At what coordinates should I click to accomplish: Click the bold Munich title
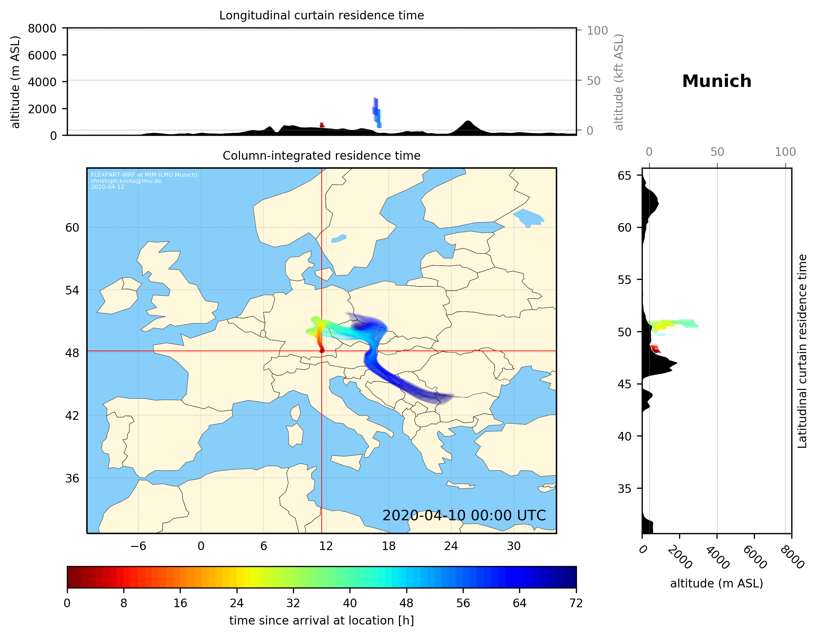tap(716, 81)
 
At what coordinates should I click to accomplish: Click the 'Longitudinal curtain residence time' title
tap(321, 15)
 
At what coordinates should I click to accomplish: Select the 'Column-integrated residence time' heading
tap(321, 156)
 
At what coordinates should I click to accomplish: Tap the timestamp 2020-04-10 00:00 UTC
tap(464, 515)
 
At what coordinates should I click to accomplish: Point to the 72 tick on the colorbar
tap(576, 603)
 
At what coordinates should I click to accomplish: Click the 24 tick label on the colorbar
tap(237, 603)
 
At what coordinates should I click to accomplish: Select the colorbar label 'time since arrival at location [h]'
tap(321, 620)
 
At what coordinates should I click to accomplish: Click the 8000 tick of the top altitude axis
tap(42, 28)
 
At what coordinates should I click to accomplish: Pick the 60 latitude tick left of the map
tap(72, 228)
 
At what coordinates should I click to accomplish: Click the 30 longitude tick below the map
tap(513, 546)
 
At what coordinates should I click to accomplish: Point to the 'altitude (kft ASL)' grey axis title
tap(619, 82)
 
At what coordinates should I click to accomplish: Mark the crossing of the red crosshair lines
tap(322, 351)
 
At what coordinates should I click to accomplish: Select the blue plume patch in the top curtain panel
tap(377, 113)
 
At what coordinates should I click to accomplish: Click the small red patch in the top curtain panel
tap(322, 125)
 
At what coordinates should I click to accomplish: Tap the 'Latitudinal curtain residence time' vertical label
tap(802, 351)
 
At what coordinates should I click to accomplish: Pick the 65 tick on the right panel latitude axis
tap(624, 176)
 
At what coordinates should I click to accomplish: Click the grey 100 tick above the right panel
tap(785, 152)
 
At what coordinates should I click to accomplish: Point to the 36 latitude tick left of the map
tap(72, 478)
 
